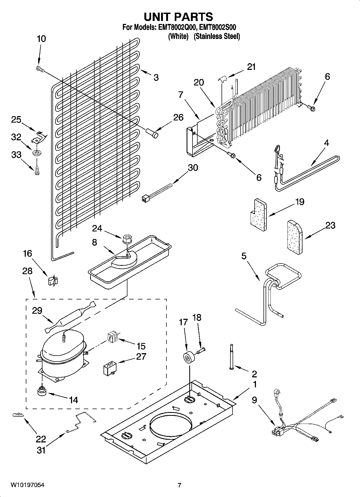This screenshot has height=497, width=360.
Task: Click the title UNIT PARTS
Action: (x=178, y=17)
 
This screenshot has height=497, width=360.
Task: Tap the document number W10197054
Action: (x=28, y=485)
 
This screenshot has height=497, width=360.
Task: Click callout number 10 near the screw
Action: (x=41, y=39)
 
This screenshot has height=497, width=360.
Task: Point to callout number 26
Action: (x=178, y=117)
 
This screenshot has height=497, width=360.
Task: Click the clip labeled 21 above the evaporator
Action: (x=223, y=79)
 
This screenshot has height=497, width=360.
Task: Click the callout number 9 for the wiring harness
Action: (x=254, y=400)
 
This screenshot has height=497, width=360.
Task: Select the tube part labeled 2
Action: (x=231, y=357)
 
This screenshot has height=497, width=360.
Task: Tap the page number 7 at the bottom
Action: (x=179, y=485)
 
